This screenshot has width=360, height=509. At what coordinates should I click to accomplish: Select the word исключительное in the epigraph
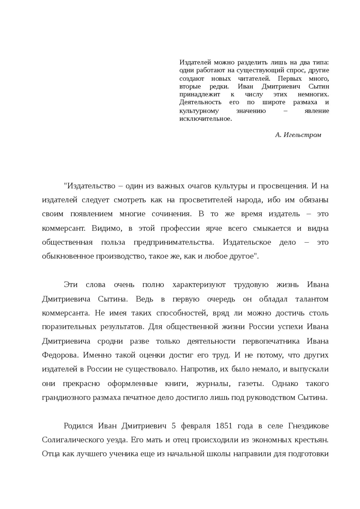click(x=206, y=119)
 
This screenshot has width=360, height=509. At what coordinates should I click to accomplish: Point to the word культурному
click(x=199, y=111)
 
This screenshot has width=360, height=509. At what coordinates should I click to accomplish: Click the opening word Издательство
click(x=90, y=186)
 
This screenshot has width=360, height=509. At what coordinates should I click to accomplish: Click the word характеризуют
click(x=199, y=285)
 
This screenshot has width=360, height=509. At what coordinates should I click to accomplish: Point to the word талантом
click(x=312, y=299)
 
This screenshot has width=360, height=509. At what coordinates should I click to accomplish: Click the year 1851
click(x=224, y=426)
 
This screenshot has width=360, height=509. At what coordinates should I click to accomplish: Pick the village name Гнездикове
click(x=309, y=426)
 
